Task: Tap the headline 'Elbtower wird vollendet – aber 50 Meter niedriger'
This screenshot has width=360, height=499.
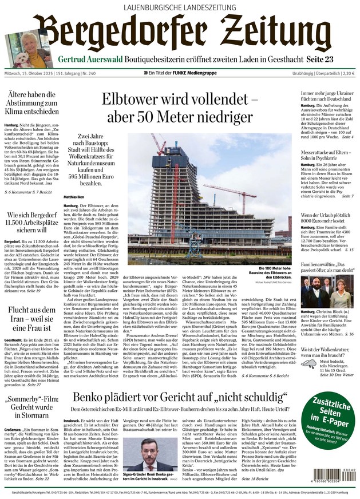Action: click(x=180, y=107)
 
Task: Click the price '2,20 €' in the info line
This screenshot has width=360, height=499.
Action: click(x=347, y=74)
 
